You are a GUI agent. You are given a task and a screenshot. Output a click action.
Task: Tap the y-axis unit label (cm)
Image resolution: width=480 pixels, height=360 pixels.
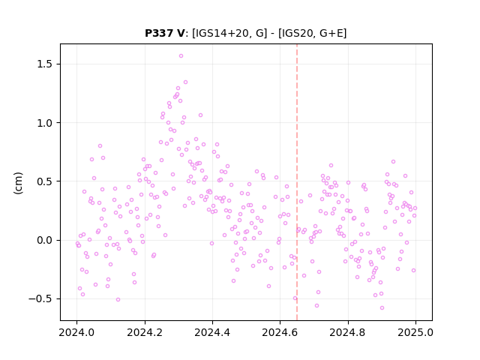click(x=18, y=183)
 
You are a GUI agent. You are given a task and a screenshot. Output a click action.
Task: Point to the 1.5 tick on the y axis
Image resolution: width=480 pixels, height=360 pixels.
click(x=45, y=64)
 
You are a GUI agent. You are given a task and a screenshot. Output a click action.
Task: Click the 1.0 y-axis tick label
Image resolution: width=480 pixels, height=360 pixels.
click(x=45, y=123)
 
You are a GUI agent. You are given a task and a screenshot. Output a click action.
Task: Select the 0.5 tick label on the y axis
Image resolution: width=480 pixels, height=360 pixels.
click(x=45, y=181)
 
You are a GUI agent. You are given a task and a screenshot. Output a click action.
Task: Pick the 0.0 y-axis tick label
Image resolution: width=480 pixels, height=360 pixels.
click(x=45, y=240)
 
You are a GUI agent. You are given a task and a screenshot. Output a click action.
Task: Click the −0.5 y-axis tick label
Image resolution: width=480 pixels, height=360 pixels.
click(x=40, y=298)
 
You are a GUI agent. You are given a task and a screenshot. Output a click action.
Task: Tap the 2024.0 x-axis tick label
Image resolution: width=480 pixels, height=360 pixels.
click(x=76, y=332)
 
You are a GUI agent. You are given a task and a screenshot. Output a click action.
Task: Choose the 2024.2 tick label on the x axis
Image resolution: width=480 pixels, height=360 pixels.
click(x=145, y=332)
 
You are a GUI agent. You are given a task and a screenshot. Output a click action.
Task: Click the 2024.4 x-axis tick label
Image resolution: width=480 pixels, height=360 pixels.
click(x=212, y=332)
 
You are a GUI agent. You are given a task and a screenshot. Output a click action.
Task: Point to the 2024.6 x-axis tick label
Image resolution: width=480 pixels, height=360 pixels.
click(x=280, y=332)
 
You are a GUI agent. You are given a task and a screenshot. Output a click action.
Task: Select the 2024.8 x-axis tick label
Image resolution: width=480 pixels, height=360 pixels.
click(x=348, y=332)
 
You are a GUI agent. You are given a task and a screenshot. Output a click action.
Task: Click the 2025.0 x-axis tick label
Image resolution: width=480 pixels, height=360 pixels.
click(x=415, y=332)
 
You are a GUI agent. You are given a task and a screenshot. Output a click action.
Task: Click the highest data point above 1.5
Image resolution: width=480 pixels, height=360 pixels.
click(x=181, y=56)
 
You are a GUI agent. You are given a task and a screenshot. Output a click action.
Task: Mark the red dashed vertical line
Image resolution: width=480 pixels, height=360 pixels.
click(x=297, y=182)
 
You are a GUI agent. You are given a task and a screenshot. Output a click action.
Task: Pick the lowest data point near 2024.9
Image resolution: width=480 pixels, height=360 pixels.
click(x=382, y=308)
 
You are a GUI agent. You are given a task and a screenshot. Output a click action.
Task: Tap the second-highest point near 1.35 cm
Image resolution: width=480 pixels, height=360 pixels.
click(x=185, y=82)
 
